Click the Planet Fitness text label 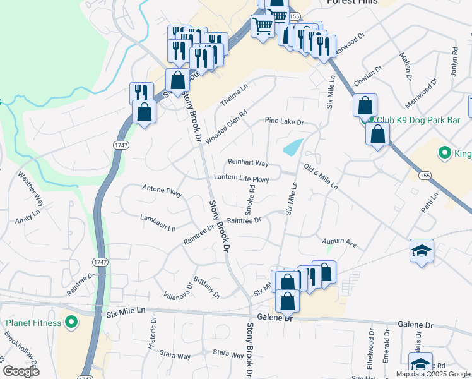(33, 323)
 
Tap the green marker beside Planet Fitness (71, 323)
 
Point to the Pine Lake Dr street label (284, 121)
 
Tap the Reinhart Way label (248, 164)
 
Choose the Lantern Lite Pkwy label (242, 179)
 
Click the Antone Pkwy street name (162, 188)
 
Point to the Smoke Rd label (251, 196)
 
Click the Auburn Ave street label (339, 242)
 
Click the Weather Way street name (30, 189)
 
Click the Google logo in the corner (21, 371)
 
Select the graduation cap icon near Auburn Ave (421, 251)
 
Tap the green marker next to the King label (444, 153)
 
